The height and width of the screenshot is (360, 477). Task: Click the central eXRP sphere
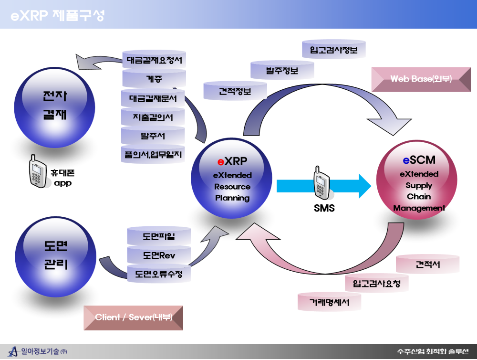pyautogui.click(x=232, y=179)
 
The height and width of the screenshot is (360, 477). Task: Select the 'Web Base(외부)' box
pyautogui.click(x=421, y=79)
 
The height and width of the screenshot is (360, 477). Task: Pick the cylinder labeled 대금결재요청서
pyautogui.click(x=155, y=61)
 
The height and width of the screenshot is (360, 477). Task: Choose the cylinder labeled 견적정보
pyautogui.click(x=235, y=92)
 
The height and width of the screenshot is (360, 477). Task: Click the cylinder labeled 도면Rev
pyautogui.click(x=159, y=255)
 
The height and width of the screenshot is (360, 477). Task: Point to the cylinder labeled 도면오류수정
pyautogui.click(x=159, y=274)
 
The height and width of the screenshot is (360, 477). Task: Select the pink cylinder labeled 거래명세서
pyautogui.click(x=329, y=302)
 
